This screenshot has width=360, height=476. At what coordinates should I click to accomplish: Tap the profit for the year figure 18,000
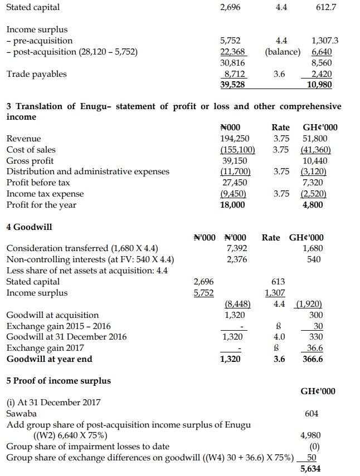coord(233,205)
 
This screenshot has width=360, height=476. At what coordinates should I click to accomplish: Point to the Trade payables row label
coord(36,74)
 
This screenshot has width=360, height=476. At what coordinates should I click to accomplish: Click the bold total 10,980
coord(320,85)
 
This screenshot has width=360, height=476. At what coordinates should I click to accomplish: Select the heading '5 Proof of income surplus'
coord(58,381)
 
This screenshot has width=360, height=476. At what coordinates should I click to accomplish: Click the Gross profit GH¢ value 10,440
coord(315,160)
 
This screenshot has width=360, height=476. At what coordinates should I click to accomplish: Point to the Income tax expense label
coord(45,194)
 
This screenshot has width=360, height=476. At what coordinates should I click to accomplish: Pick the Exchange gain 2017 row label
coord(45,348)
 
